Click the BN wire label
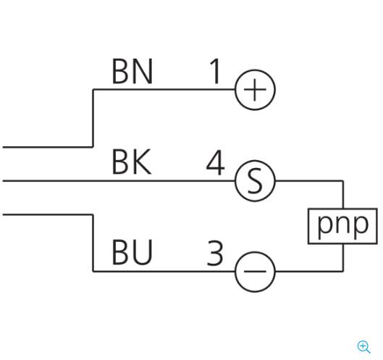point(132,71)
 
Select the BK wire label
point(132,162)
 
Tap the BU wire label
point(132,252)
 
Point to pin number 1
point(215,71)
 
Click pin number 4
point(215,162)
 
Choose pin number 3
point(215,253)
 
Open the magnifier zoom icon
point(363,347)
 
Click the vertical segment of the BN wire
point(93,118)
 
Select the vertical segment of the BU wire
point(93,243)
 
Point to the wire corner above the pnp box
point(343,181)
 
